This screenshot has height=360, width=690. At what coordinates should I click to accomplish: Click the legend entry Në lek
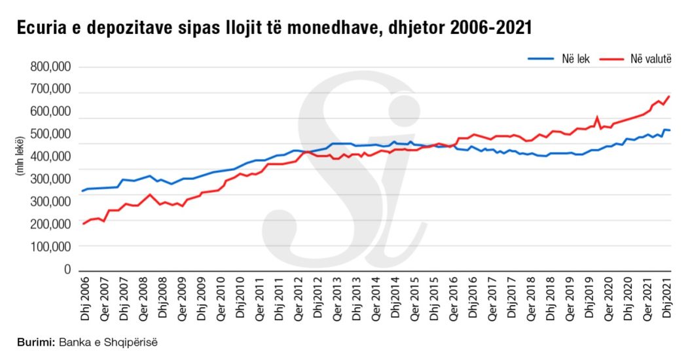point(560,58)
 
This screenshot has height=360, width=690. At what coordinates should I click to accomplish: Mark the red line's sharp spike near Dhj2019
point(597,118)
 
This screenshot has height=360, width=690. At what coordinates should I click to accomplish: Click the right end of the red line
point(669,97)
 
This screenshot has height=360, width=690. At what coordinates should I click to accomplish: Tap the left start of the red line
point(82,224)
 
